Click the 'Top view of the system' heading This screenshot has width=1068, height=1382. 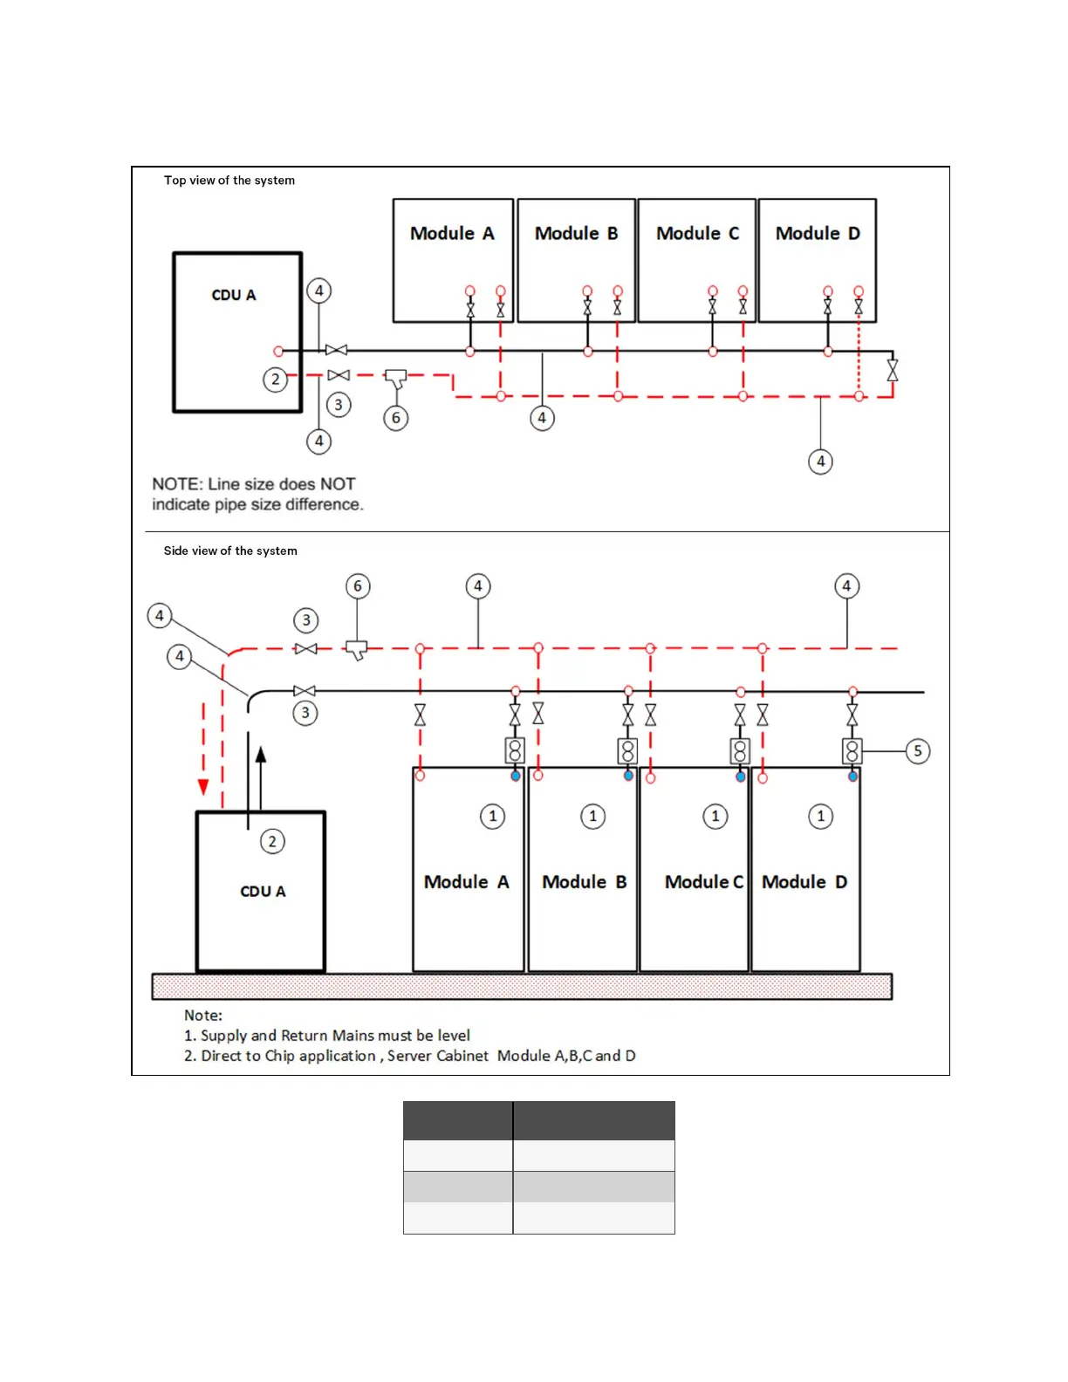(x=229, y=181)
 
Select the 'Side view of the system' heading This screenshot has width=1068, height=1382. (x=230, y=551)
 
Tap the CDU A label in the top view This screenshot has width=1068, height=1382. (x=234, y=295)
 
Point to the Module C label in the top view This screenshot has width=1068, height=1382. (x=697, y=234)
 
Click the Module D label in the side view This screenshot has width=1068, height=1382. (x=804, y=882)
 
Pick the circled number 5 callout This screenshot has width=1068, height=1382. (x=917, y=751)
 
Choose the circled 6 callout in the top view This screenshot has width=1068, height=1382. (x=396, y=418)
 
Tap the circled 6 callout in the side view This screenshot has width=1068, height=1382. (x=358, y=586)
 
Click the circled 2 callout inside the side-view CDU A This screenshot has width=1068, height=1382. (x=272, y=841)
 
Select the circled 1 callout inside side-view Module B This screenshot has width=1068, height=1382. (x=593, y=816)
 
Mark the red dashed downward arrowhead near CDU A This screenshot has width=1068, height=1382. (x=203, y=787)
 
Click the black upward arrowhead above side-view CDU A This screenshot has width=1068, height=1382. (x=260, y=756)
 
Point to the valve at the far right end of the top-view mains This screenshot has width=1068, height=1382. (x=892, y=370)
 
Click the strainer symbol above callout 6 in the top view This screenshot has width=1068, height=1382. (x=396, y=379)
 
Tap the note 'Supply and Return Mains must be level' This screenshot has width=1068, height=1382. (x=335, y=1036)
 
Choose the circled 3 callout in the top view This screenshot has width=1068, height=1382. (x=339, y=405)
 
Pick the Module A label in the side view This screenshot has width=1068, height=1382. (x=466, y=882)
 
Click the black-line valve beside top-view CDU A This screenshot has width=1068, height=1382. (x=336, y=351)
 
